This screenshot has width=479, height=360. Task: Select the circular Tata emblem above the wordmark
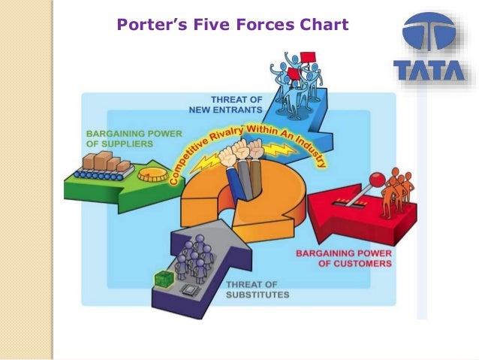click(x=429, y=35)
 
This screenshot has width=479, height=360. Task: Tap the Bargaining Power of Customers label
click(x=343, y=259)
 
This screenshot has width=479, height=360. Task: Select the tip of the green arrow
click(x=185, y=184)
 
